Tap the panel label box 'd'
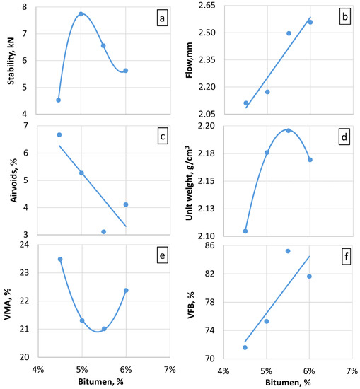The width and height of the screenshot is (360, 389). tap(345, 139)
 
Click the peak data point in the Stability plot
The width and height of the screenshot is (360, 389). tap(81, 14)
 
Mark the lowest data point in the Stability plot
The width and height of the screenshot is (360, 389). tap(59, 100)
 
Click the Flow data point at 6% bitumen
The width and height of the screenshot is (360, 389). tap(310, 22)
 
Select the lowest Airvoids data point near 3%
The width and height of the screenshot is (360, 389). tap(104, 231)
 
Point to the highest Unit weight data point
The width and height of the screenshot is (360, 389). tap(289, 130)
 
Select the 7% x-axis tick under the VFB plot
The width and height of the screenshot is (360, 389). tap(352, 370)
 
